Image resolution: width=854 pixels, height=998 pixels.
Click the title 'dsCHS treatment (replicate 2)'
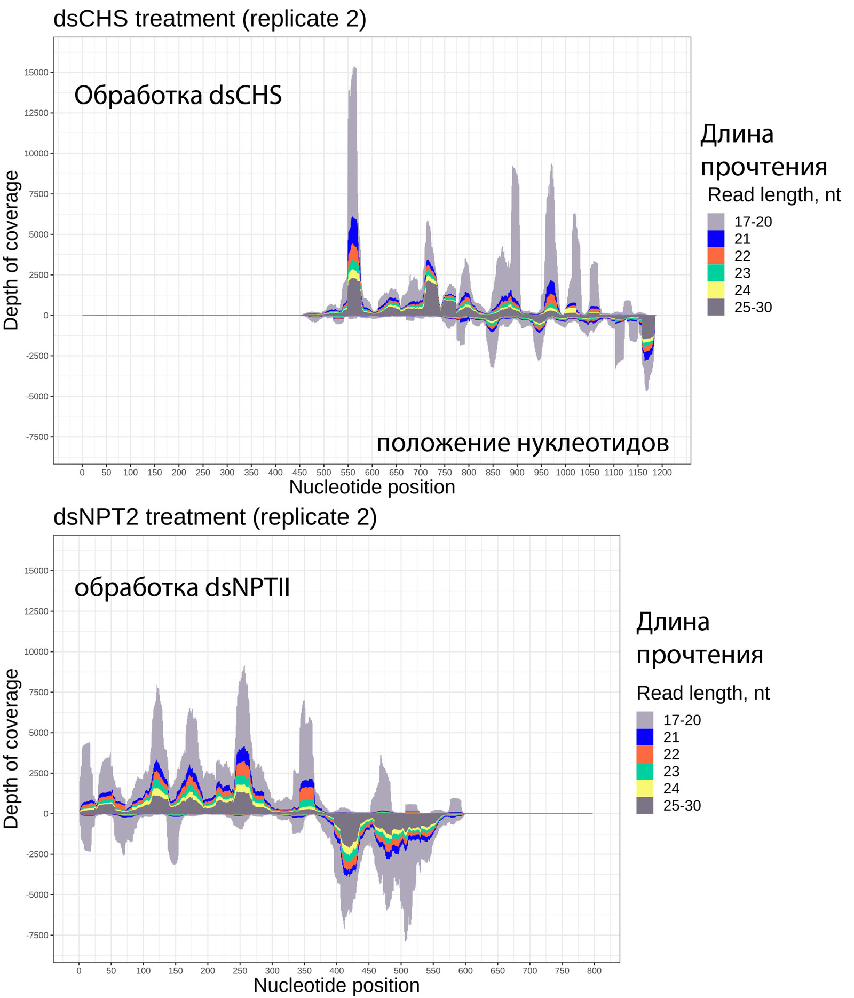coord(210,19)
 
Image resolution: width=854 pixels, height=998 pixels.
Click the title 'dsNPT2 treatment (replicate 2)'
coord(215,517)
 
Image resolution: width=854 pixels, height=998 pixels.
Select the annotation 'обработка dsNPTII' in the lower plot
coord(182,588)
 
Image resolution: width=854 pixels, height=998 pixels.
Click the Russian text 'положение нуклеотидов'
coord(522,443)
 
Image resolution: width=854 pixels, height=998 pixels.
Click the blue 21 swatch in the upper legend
coord(716,239)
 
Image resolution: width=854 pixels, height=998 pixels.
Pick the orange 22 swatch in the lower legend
coord(645,754)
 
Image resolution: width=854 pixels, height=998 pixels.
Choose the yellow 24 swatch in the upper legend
coord(716,290)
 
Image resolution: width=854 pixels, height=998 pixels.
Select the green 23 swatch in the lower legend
coord(645,771)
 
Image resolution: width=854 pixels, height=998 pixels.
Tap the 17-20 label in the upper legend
coord(753,222)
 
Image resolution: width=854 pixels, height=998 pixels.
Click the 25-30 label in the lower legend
coord(682,805)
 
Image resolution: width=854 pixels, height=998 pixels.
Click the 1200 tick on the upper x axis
coord(662,473)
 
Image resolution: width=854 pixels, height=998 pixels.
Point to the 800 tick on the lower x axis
coord(594,971)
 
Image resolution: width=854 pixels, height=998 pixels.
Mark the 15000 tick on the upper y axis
coord(36,73)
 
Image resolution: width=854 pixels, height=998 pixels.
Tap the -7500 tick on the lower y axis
coord(37,935)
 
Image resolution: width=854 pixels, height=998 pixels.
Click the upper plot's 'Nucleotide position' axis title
coord(372,488)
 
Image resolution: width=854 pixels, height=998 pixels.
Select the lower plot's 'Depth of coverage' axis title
coord(11,748)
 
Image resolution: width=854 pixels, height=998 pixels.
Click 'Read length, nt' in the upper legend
coord(774,195)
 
